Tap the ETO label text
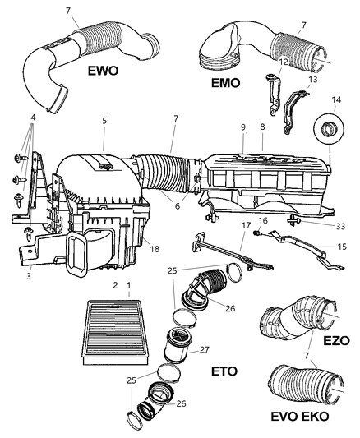pyautogui.click(x=222, y=371)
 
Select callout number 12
pyautogui.click(x=283, y=62)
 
